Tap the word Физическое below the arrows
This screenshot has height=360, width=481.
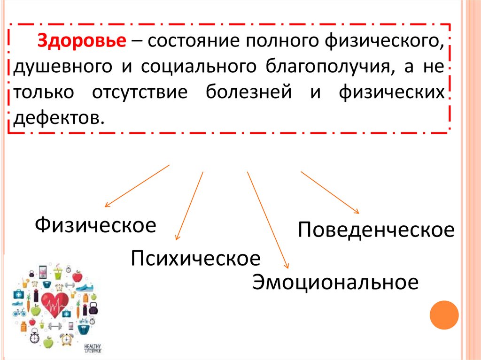click(x=96, y=225)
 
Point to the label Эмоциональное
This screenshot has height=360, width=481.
click(x=335, y=282)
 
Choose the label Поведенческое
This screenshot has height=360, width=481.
click(x=376, y=230)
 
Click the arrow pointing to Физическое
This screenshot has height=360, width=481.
click(x=137, y=185)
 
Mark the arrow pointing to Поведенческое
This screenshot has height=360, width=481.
click(x=330, y=192)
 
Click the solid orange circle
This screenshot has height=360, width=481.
click(x=444, y=315)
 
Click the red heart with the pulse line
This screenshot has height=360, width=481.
click(x=55, y=305)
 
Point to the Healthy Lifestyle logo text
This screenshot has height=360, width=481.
click(x=93, y=348)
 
